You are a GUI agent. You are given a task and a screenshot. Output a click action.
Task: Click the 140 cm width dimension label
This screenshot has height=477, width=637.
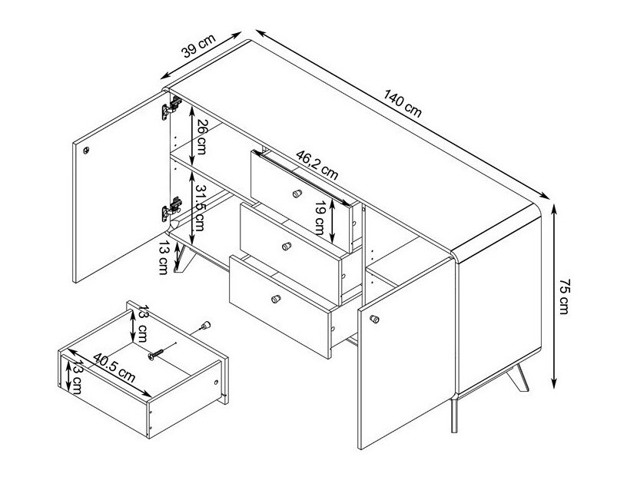tap(403, 104)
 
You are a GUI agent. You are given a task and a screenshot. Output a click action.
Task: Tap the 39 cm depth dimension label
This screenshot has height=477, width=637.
tap(197, 46)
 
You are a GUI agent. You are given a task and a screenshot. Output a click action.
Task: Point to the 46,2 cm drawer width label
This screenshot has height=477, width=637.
tap(317, 165)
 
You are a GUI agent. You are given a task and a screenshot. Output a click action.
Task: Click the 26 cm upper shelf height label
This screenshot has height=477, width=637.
tap(201, 137)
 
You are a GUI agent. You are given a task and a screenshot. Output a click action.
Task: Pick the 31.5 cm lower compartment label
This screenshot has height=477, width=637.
tap(199, 207)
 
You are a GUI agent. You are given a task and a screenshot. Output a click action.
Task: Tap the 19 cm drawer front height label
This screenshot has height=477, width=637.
tap(320, 217)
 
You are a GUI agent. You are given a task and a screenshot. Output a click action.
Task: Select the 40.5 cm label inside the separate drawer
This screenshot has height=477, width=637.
tap(114, 368)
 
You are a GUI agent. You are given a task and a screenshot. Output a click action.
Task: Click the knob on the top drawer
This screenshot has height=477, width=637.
tap(297, 194)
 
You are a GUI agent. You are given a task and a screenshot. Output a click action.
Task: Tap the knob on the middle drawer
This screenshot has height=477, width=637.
tap(287, 246)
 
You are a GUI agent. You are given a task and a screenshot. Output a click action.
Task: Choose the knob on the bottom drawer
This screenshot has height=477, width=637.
tap(276, 300)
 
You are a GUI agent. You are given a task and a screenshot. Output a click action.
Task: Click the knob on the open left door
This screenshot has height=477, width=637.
tap(86, 151)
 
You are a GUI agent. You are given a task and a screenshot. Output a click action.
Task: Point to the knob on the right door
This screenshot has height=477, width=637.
tap(374, 319)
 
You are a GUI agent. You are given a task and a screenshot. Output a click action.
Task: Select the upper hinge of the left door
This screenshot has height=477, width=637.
tap(171, 108)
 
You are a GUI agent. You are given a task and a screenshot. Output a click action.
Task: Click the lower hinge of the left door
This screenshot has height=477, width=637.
tap(171, 209)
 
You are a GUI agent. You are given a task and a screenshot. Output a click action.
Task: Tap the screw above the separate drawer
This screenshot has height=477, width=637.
tap(156, 354)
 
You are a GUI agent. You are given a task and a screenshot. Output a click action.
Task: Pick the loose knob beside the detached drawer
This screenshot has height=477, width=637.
tap(206, 325)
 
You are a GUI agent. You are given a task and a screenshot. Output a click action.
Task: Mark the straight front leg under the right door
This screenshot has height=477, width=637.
tap(454, 416)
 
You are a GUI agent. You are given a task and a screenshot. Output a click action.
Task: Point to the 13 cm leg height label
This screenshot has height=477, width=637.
tap(164, 257)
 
